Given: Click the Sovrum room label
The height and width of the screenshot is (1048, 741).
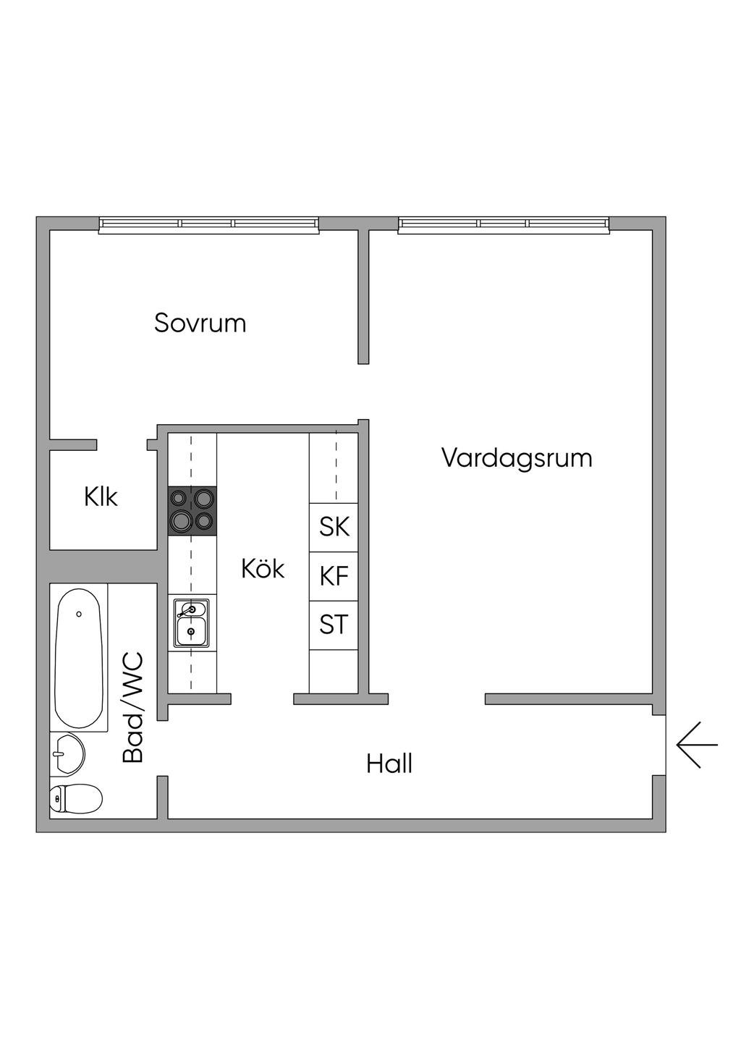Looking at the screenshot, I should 200,323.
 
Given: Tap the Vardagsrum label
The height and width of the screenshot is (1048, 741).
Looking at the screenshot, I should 517,458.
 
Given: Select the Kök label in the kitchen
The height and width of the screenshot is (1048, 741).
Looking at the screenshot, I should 263,569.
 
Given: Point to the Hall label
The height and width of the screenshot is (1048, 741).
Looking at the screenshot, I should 389,764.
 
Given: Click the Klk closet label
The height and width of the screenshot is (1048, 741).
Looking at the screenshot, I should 101,497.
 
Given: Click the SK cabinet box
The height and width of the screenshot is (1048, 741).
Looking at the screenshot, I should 334,527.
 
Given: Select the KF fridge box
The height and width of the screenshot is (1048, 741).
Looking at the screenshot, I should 334,576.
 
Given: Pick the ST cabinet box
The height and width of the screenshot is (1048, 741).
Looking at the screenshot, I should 334,625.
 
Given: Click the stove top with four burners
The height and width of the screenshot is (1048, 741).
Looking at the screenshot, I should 192,510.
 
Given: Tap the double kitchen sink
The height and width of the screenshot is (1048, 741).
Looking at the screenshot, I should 191,622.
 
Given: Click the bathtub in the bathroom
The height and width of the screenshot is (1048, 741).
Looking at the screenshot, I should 79,657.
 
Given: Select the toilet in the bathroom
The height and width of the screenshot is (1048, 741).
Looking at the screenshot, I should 75,799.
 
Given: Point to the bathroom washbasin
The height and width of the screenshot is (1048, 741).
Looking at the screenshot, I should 67,753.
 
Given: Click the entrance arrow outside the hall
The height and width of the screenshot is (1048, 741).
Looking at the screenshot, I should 697,744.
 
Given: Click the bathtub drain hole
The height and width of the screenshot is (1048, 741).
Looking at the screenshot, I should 79,614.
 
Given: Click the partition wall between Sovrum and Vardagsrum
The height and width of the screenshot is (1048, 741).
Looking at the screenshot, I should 363,297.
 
